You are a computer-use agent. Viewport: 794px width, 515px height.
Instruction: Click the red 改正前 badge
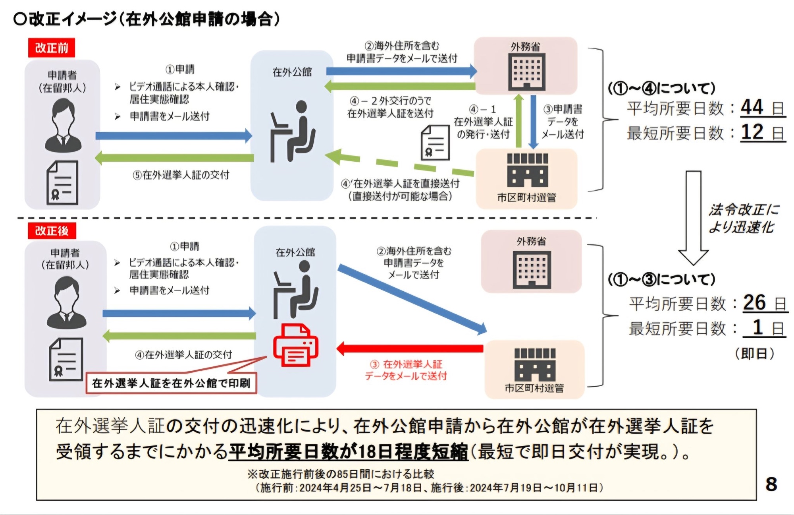tap(52, 48)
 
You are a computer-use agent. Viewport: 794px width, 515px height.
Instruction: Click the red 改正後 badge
tap(52, 230)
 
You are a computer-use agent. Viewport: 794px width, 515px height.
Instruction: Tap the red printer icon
tap(296, 345)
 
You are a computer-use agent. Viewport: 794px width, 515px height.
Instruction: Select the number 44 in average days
tap(752, 107)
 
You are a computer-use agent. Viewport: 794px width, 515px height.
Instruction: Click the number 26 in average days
tap(754, 303)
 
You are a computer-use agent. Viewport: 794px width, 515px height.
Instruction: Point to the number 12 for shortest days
tap(752, 132)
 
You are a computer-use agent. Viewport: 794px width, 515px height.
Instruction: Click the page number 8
tap(771, 484)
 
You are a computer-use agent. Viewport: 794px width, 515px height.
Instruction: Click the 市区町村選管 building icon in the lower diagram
tap(535, 364)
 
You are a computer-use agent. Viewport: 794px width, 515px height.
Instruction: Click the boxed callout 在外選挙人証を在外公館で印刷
tap(171, 383)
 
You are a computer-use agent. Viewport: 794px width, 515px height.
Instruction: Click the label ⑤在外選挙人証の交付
tap(181, 175)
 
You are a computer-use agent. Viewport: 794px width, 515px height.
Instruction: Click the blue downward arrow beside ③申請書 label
tap(533, 122)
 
